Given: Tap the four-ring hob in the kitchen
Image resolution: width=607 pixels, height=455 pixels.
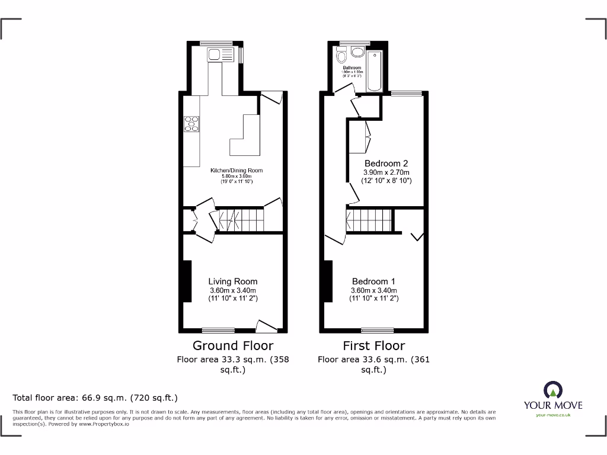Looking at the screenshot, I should [x=191, y=124].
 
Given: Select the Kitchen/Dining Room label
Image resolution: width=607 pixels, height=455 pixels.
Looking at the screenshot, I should [x=237, y=171].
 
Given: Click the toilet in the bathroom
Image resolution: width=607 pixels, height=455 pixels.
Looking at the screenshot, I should [x=341, y=57].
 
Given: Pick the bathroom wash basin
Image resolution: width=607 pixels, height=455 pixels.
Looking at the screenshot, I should [x=357, y=52].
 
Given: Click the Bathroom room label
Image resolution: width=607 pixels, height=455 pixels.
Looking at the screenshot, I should [x=352, y=68].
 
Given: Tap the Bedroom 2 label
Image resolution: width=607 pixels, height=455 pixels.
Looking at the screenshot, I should [x=386, y=164].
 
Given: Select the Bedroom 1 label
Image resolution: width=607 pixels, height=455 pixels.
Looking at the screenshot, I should [x=373, y=281].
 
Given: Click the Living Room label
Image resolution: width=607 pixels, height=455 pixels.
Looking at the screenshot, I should [x=233, y=281].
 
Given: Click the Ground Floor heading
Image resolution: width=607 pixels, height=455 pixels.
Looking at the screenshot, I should [x=233, y=345].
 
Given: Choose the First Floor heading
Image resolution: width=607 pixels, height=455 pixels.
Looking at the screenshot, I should [x=374, y=345].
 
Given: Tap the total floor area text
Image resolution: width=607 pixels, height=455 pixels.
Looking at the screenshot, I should [x=95, y=398].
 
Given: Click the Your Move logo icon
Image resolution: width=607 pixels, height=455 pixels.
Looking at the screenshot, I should [x=553, y=390].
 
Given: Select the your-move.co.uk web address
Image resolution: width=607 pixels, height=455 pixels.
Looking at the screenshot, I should [x=553, y=415].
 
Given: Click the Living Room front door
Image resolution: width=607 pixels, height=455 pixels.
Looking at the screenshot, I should [x=266, y=325].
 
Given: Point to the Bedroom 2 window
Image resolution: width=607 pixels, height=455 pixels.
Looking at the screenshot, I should [x=407, y=93].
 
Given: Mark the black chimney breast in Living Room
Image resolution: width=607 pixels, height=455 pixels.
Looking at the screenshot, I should [x=187, y=281].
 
